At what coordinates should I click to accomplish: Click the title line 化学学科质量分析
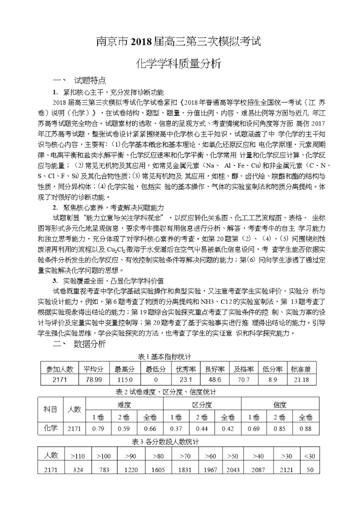coord(179,63)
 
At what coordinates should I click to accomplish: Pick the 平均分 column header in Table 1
coord(93,369)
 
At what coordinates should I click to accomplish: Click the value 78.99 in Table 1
coord(93,380)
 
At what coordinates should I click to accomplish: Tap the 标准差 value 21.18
coord(301,380)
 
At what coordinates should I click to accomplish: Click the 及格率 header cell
coord(243,369)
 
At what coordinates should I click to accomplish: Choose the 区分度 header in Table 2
coord(202,404)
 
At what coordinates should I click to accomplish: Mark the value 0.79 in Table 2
coord(98,428)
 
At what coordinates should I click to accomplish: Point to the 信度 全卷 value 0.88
coord(305,428)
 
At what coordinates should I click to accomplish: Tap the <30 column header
coord(310,456)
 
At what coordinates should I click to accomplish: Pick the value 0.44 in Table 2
coord(202,428)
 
